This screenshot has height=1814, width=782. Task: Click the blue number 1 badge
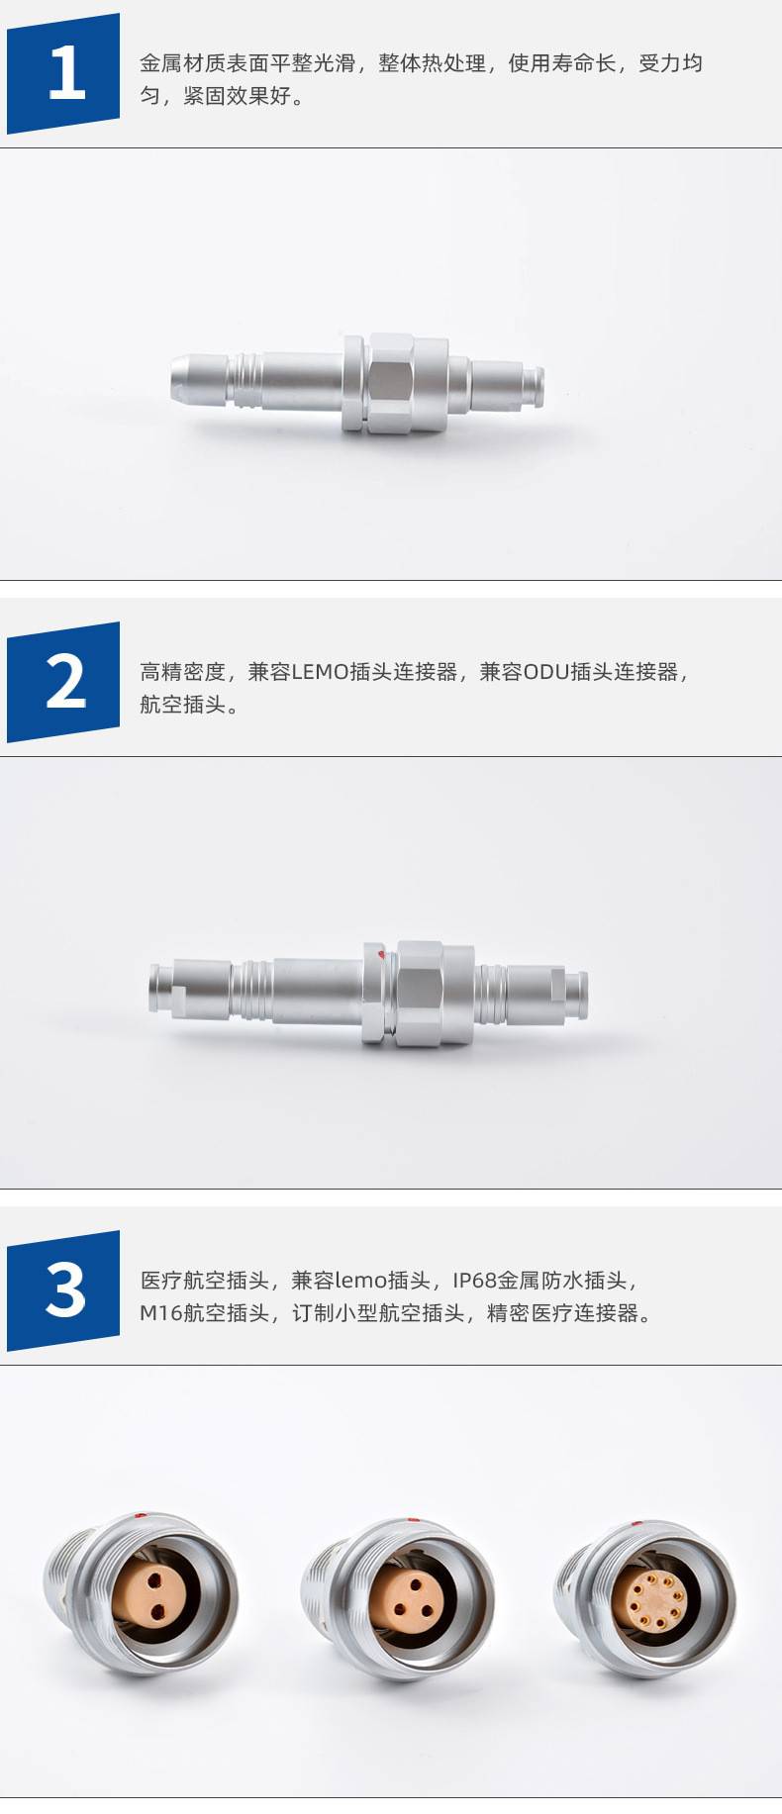(63, 73)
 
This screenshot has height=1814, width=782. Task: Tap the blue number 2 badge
(63, 682)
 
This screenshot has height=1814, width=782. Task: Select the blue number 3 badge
(63, 1290)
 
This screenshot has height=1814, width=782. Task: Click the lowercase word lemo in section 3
(360, 1281)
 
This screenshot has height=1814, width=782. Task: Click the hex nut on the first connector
(391, 383)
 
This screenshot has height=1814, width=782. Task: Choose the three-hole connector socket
(398, 1598)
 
